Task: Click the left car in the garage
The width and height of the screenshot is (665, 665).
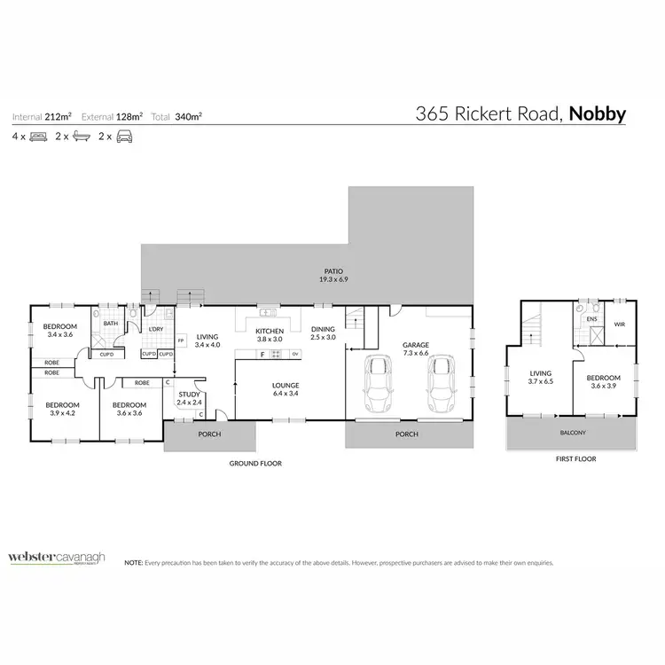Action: pos(379,380)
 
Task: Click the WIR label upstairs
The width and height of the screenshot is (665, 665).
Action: pos(620,325)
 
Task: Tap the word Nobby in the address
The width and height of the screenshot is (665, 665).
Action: pos(598,114)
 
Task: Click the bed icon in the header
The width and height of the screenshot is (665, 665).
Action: pos(38,137)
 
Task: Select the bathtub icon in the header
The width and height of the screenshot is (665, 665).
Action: pos(81,137)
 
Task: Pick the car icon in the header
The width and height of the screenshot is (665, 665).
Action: pos(125,137)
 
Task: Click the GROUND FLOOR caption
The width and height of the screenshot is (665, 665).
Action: pos(255,463)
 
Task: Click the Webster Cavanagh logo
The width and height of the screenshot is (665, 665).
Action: pos(57,558)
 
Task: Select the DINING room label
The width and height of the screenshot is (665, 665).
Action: pos(323,333)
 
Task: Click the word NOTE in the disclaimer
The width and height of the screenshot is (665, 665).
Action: pos(133,563)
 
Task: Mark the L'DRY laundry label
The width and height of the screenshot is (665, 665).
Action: pos(155,329)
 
